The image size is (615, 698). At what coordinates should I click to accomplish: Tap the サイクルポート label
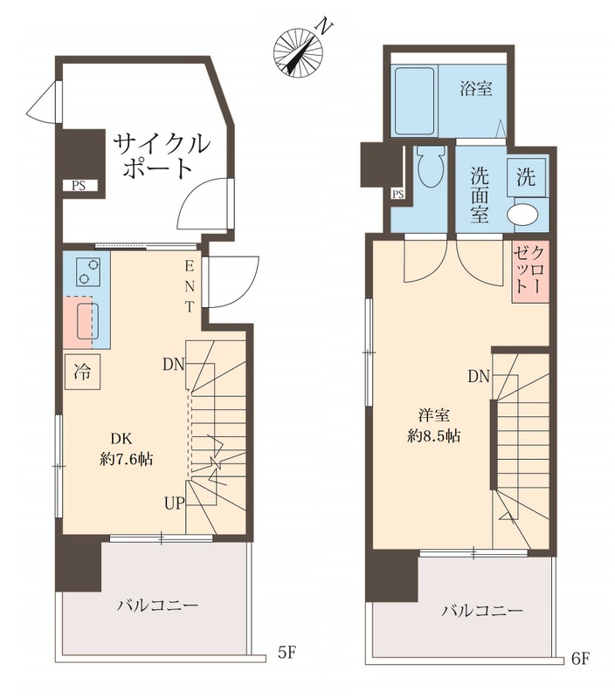pos(160,154)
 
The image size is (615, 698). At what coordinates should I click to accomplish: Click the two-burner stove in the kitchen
pos(86,271)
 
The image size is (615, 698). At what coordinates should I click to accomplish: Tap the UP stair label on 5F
pos(173,503)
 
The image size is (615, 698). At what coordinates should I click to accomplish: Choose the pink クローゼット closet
pos(529,271)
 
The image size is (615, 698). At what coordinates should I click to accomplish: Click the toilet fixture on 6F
pos(429,167)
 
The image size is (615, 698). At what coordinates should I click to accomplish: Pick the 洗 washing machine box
pos(527,178)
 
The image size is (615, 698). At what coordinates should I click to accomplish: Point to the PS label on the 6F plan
pos(397,194)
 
